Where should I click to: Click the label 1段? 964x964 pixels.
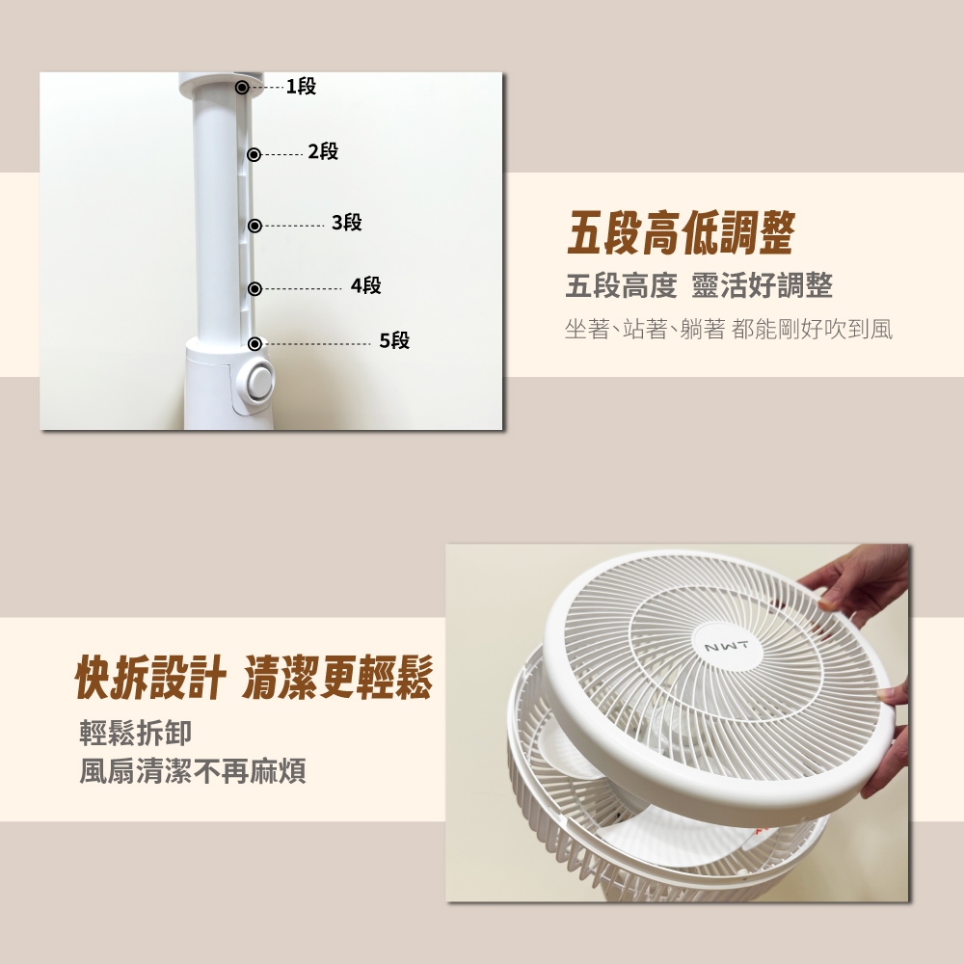(x=301, y=86)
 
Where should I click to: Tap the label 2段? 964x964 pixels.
(x=323, y=151)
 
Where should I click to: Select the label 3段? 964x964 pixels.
(x=347, y=222)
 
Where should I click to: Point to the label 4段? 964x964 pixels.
(x=365, y=285)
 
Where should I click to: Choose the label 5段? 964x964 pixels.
(x=394, y=340)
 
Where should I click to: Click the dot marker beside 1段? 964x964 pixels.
(x=242, y=88)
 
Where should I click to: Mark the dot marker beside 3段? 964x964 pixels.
(x=254, y=226)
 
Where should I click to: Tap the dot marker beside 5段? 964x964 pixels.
(x=254, y=344)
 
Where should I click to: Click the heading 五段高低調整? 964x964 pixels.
(x=681, y=232)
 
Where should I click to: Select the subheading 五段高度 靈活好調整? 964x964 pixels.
(x=699, y=286)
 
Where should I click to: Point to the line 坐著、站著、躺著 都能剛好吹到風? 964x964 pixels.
(x=729, y=330)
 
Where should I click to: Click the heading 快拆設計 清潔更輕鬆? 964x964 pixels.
(x=254, y=677)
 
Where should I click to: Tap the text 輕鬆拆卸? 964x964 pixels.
(x=136, y=733)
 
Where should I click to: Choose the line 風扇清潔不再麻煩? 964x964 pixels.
(x=193, y=771)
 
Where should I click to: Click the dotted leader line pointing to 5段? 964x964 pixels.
(x=316, y=344)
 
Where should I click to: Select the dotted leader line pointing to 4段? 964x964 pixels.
(x=303, y=288)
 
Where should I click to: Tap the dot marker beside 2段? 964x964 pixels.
(x=254, y=154)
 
